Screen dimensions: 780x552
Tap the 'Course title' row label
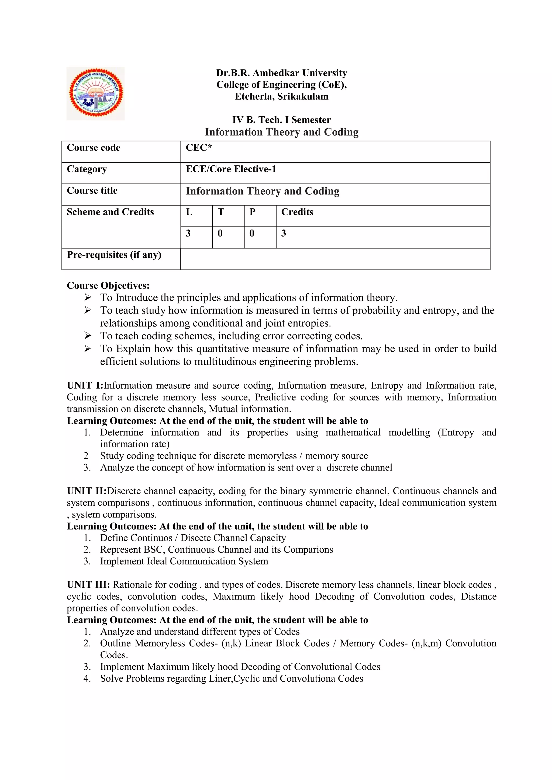92,191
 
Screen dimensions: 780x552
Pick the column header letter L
189,212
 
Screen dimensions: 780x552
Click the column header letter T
220,212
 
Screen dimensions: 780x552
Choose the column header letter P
252,212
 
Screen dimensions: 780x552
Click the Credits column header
297,212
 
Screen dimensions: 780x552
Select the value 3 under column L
188,234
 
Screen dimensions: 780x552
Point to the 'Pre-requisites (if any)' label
114,255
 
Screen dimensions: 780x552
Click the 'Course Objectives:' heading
108,285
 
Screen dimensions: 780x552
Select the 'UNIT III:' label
88,585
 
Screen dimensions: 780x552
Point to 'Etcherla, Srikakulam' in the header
281,96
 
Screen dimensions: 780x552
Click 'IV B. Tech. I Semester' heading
281,120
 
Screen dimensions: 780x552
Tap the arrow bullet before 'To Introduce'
88,298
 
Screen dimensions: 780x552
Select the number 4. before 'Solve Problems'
87,678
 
